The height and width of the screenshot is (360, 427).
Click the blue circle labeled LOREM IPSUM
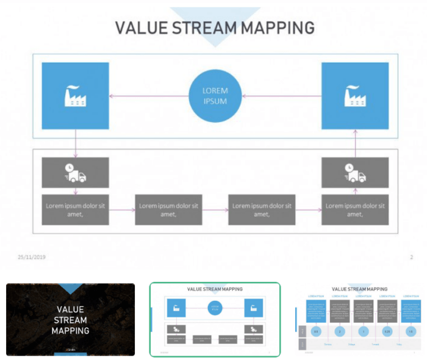click(215, 96)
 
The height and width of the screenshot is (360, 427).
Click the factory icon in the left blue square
click(75, 96)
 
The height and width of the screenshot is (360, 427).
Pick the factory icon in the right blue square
click(355, 96)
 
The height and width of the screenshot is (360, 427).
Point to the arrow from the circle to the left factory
click(149, 96)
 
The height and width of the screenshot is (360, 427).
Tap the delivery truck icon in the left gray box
click(75, 173)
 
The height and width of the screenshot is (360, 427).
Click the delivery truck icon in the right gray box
click(355, 173)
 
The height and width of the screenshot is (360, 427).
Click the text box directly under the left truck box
click(75, 209)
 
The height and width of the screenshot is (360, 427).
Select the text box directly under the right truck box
click(355, 209)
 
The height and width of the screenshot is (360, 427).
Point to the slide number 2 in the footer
click(411, 257)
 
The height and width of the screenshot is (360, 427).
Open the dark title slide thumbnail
click(70, 319)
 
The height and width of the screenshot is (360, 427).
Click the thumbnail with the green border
click(215, 319)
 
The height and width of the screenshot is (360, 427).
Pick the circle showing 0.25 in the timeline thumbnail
click(386, 331)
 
